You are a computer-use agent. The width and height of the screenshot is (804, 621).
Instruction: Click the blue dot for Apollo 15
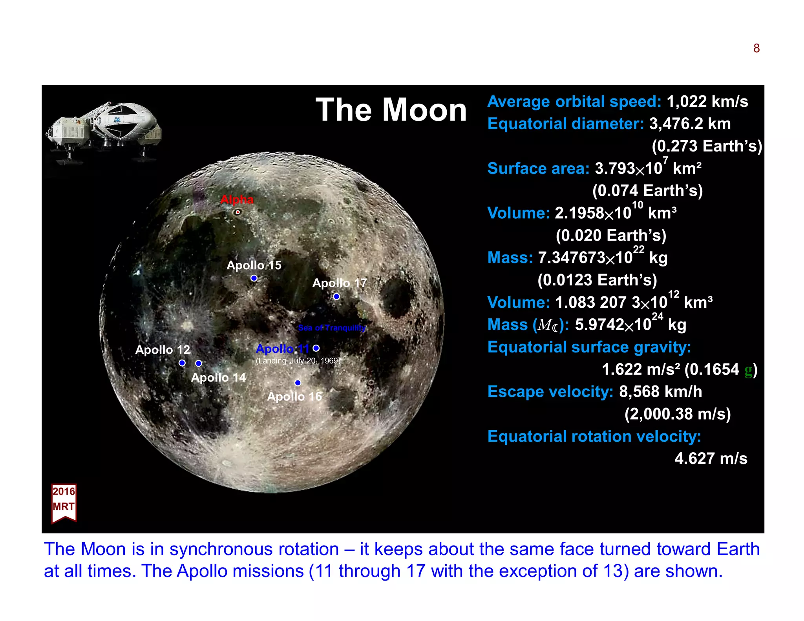point(254,278)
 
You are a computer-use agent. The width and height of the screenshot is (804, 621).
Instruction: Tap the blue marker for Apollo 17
point(336,296)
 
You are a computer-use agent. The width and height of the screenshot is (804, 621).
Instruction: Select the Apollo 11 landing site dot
point(316,348)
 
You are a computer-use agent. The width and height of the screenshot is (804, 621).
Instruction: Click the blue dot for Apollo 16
point(298,382)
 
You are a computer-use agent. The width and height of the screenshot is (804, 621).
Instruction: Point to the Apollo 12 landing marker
point(182,363)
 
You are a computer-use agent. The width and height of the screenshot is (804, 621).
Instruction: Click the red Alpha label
point(237,199)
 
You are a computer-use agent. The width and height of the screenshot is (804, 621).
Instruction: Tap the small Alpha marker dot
point(238,212)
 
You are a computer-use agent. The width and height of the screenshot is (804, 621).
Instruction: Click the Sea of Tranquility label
point(332,327)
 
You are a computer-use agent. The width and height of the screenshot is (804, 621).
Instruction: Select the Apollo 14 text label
point(218,377)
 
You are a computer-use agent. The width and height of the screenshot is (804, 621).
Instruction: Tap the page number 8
point(756,48)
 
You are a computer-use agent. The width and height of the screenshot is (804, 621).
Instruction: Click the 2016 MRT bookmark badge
point(64,502)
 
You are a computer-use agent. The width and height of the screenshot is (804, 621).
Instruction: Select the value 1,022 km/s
point(707,101)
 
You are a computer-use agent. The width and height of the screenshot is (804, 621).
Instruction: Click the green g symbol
point(748,370)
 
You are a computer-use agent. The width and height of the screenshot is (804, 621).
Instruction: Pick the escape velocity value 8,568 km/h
point(660,391)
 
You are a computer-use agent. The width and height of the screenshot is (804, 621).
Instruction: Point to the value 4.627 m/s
point(711,458)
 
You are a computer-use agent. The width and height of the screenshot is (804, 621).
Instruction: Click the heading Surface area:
point(538,168)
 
